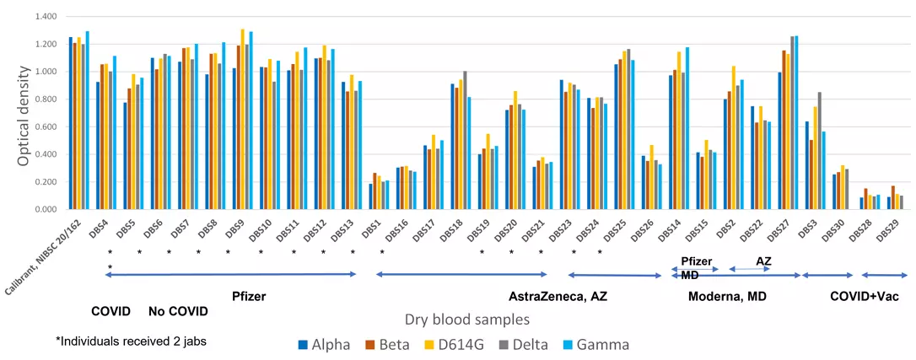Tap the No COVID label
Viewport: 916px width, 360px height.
pyautogui.click(x=178, y=310)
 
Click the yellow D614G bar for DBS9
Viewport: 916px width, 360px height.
pyautogui.click(x=243, y=119)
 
